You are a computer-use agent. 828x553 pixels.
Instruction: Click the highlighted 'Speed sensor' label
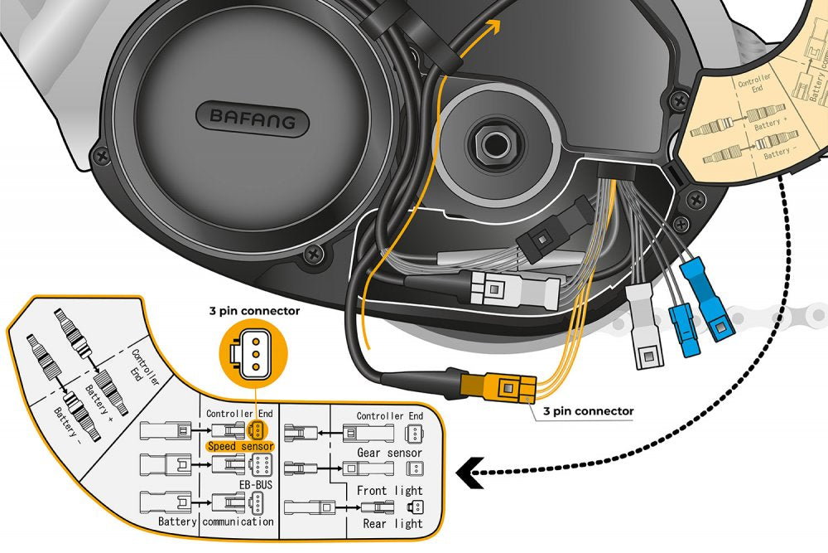241,446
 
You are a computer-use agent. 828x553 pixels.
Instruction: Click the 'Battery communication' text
216,521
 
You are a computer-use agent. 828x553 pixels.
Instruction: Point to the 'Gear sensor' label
389,453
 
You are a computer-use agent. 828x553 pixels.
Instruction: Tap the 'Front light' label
389,490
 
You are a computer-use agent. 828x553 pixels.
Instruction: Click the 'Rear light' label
392,523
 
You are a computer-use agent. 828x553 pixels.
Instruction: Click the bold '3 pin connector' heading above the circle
254,312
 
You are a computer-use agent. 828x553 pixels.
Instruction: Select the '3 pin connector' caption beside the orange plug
588,410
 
